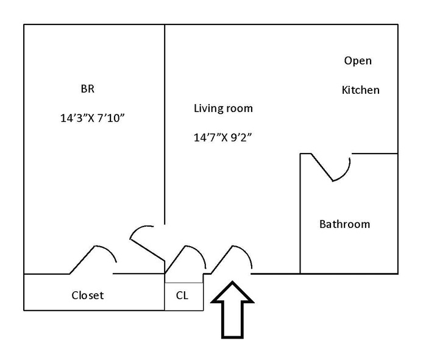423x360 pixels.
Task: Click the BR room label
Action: click(88, 89)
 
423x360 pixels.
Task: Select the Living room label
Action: click(223, 108)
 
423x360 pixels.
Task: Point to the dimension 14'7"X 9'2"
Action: click(223, 138)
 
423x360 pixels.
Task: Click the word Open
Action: click(358, 61)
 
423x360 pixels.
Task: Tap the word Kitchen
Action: click(360, 90)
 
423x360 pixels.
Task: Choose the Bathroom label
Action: click(344, 224)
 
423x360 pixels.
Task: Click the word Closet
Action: click(88, 295)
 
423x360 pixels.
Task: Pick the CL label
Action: click(182, 295)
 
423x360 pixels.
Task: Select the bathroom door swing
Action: click(332, 168)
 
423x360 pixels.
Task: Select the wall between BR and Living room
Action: click(165, 122)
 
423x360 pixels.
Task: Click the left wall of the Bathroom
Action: click(300, 213)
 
